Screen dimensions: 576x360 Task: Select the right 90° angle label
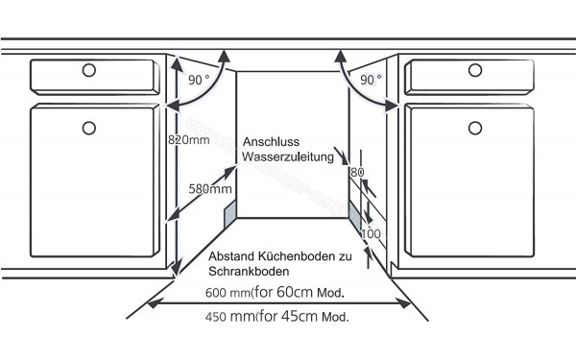tap(372, 81)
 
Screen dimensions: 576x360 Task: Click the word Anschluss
tap(270, 139)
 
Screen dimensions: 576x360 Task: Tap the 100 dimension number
tap(372, 233)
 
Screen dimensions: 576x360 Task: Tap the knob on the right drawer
tap(477, 69)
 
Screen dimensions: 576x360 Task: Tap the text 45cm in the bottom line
tap(300, 316)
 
